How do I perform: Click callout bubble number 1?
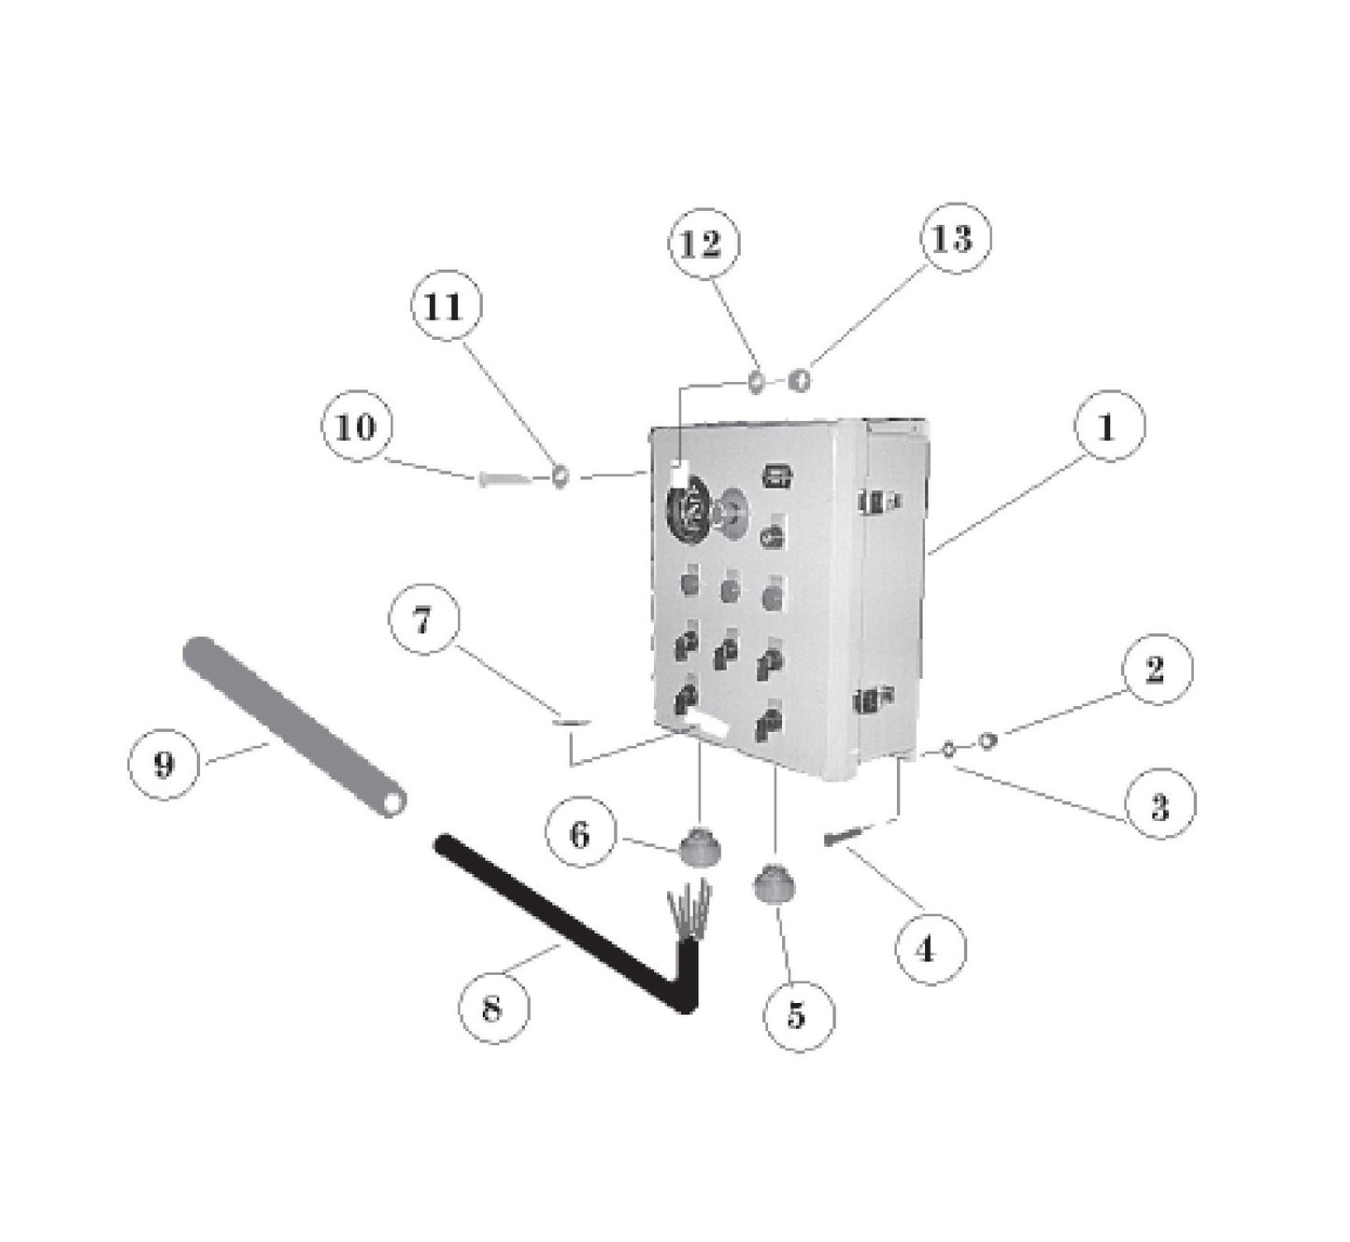pos(1108,428)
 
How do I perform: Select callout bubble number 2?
pos(1156,669)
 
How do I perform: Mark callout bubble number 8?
pos(493,1008)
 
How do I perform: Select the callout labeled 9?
pos(163,765)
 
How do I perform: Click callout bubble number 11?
pos(446,306)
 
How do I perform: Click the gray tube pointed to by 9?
pos(294,727)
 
